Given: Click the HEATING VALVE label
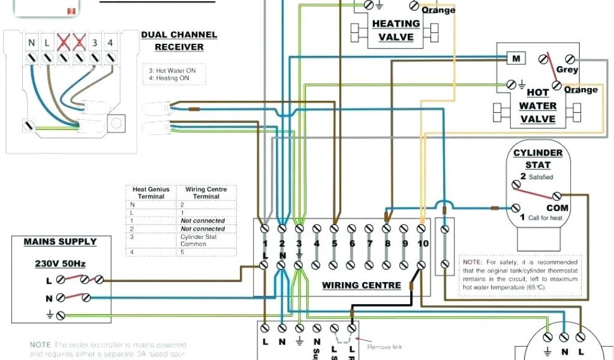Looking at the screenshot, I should [396, 30].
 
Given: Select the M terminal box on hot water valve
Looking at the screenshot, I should [515, 58].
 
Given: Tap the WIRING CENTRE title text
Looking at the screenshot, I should [362, 285].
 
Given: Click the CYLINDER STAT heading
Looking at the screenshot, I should [538, 158].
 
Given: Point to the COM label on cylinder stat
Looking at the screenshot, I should [557, 208].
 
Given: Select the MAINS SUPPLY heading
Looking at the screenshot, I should [60, 242].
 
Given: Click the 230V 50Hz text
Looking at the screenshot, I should [60, 263].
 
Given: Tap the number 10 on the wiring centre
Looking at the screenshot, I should [423, 244].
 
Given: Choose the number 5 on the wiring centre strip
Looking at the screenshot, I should [335, 244].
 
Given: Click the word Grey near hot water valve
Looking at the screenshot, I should [567, 70].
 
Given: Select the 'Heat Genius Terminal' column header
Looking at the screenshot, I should [151, 193].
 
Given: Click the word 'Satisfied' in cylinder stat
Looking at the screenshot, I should [540, 178].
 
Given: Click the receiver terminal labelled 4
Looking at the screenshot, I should [110, 43].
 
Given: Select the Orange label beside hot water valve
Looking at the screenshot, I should [580, 90].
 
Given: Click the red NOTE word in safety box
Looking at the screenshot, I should [472, 262].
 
